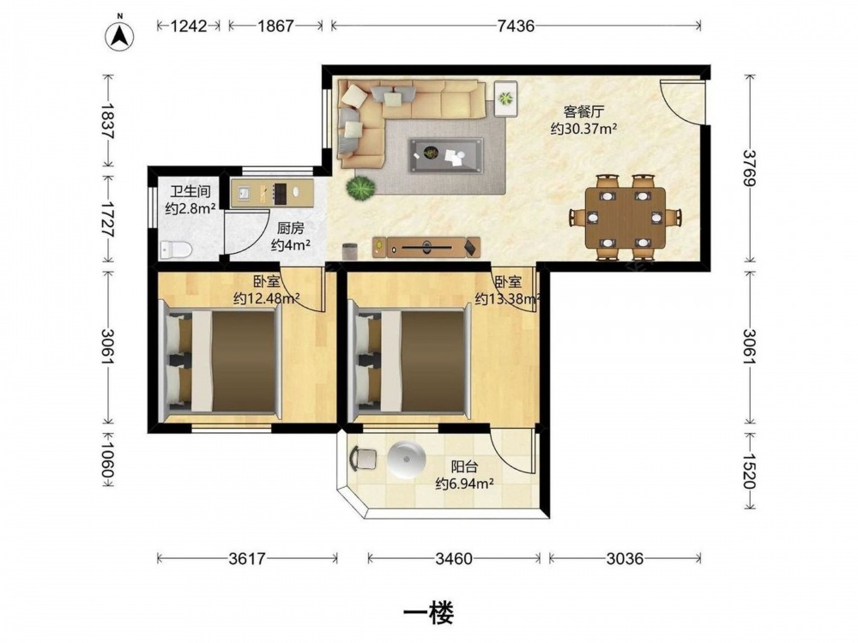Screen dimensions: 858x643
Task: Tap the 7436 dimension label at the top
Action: [516, 26]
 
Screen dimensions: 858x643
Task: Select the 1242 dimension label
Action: [189, 26]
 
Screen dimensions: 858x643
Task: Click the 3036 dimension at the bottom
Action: [625, 558]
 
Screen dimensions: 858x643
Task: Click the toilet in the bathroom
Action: [176, 249]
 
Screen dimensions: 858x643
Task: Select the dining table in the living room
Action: [625, 218]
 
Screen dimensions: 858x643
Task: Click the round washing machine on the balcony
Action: [406, 460]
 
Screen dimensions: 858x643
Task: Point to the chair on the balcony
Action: [362, 458]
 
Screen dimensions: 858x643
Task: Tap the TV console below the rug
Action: [426, 247]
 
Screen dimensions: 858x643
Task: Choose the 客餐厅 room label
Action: [583, 112]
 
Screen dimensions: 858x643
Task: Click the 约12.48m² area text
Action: [266, 298]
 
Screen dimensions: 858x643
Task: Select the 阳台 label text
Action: [464, 467]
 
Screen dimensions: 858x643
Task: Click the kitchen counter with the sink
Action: [272, 193]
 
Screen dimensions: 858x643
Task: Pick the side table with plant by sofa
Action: [506, 99]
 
